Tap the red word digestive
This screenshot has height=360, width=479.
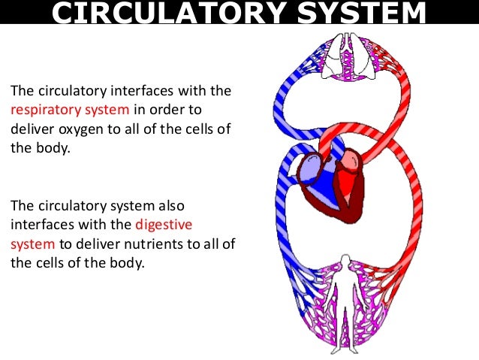165,224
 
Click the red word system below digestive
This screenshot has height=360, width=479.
32,244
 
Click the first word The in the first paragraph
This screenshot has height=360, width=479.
21,91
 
